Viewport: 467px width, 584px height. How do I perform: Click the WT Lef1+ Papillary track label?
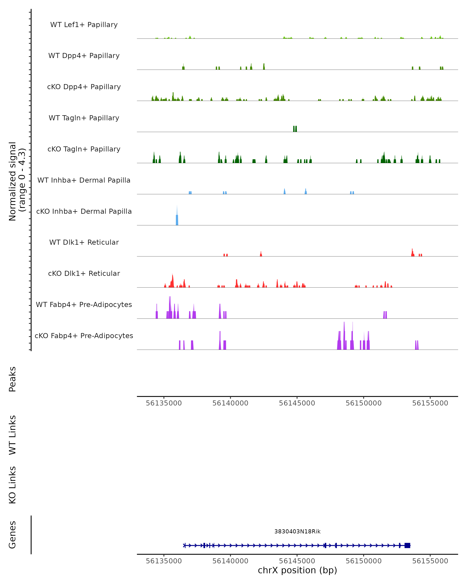84,25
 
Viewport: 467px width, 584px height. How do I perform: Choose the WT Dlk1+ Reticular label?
84,242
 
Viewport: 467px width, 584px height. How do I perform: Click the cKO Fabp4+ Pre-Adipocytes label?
84,336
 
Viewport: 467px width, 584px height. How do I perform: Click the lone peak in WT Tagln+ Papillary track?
295,129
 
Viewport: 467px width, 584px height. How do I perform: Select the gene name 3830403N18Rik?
297,531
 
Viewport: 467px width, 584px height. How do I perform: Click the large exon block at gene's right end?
407,545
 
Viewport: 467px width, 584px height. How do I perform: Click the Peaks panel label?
12,379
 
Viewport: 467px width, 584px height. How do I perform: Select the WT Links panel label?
12,435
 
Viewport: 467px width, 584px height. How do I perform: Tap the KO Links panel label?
12,485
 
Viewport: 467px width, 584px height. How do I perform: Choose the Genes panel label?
12,535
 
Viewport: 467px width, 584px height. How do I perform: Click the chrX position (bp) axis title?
297,570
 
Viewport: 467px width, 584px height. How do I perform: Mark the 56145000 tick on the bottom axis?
297,561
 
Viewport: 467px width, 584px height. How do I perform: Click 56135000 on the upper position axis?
164,403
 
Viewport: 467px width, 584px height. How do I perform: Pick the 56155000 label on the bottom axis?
430,561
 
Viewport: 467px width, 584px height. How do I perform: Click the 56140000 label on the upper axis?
230,403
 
